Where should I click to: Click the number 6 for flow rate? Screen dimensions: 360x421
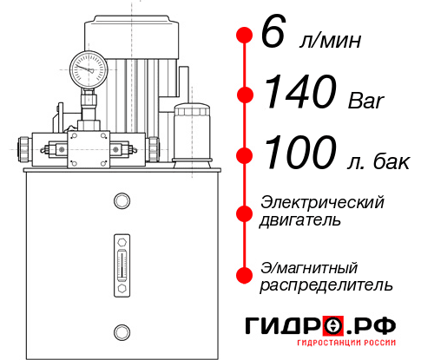tap(271, 36)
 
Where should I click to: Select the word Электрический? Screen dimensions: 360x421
tap(322, 202)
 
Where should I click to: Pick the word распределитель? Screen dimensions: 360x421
tap(326, 284)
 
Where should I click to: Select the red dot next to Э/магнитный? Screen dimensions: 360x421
tap(244, 274)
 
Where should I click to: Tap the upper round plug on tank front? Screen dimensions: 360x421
tap(121, 201)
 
